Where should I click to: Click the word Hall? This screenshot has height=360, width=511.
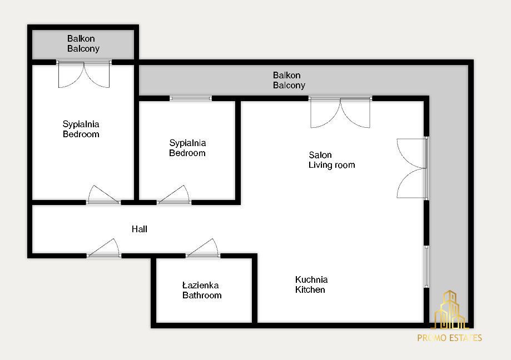coord(140,229)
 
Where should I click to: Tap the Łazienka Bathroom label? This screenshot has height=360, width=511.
coord(202,290)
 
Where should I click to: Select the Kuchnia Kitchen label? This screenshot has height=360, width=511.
coord(311,284)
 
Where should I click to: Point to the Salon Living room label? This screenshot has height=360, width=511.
coord(331,160)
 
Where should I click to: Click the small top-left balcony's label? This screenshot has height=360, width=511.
coord(83,44)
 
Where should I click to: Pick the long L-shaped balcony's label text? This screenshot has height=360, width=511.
coord(289,81)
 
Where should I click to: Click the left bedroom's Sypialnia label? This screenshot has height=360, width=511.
coord(81,124)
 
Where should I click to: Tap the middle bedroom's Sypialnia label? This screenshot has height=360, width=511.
coord(187,143)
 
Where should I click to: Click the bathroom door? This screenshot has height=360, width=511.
coord(203,249)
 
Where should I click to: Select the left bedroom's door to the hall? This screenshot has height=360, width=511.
coord(103,195)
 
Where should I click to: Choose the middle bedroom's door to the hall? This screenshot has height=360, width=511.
coord(174,195)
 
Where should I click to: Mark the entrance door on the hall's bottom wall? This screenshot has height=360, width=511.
coord(103,249)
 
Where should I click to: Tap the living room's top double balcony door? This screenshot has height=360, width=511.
coord(340,112)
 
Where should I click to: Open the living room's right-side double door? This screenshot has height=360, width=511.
coord(412,168)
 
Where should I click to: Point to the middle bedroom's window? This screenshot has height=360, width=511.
coord(191,98)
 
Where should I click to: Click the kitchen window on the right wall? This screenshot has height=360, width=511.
coord(426,267)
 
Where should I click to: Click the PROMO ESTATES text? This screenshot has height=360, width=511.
coord(449,338)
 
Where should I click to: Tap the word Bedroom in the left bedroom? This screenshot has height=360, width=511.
coord(81,134)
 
